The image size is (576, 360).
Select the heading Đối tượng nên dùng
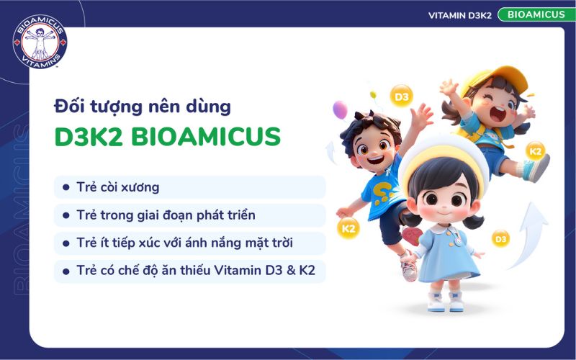143,107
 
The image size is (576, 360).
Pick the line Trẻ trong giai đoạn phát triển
166,215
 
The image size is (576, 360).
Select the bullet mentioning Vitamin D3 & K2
201,271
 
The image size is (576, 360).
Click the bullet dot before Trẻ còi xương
66,187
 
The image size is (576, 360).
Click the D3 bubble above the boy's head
401,96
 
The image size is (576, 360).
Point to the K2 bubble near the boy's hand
348,228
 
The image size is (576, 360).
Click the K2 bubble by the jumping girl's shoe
536,151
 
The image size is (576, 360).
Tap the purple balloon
340,110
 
